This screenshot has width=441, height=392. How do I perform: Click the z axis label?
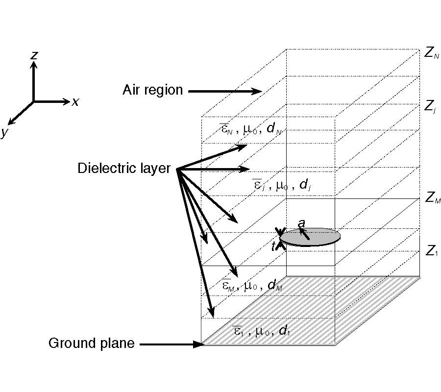34,55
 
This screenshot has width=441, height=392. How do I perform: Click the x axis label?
75,102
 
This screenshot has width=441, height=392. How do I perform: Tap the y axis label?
4,132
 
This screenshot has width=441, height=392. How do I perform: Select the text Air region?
152,90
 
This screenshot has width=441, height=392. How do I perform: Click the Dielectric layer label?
123,169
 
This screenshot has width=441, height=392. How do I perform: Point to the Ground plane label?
91,343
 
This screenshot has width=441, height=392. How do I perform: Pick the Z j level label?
430,106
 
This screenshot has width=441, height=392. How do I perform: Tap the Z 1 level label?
430,252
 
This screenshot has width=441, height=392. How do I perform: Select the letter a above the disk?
302,223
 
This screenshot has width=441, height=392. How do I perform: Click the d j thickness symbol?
304,185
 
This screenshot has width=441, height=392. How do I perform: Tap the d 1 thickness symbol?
284,331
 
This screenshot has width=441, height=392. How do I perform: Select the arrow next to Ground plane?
171,344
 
